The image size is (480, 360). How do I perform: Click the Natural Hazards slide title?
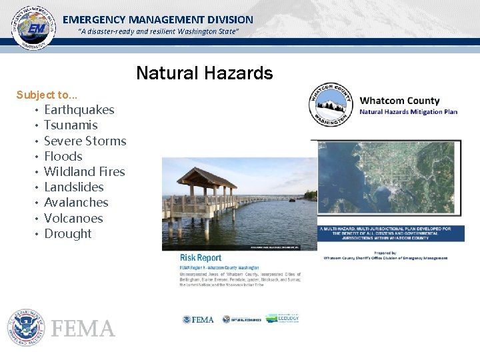(205, 73)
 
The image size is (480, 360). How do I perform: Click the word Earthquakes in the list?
(79, 110)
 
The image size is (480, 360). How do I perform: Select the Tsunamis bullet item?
(71, 125)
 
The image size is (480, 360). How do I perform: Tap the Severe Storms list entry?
(85, 141)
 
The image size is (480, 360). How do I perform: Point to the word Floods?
(63, 156)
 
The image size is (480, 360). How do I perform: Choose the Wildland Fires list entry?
(84, 171)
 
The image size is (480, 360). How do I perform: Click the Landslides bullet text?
(74, 187)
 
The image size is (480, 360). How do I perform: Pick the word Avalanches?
(76, 203)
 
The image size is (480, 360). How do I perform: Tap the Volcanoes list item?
(73, 218)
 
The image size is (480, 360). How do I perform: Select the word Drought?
(68, 233)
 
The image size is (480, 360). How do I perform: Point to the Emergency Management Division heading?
(158, 20)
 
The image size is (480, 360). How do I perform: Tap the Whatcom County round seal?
(330, 105)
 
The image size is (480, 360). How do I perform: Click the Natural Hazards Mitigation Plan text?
(408, 112)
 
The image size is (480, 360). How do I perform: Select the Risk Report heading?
(200, 258)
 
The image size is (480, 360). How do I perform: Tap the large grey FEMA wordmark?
(83, 329)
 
